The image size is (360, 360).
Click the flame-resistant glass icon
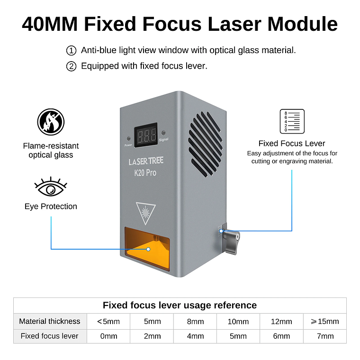51,122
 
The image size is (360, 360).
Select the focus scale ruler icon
292,122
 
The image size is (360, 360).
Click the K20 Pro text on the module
145,173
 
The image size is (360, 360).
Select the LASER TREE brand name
146,162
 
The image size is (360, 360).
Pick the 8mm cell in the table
195,321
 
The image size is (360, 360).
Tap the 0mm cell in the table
108,336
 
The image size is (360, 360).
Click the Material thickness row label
50,321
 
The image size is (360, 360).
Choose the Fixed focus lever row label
50,336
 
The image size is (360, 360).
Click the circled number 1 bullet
71,50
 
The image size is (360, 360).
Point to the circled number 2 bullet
71,66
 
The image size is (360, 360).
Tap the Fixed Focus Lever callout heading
292,144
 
